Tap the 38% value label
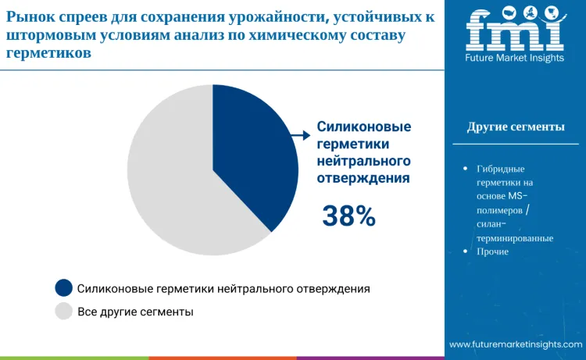pyautogui.click(x=348, y=216)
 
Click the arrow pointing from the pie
pyautogui.click(x=300, y=135)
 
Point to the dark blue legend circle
pyautogui.click(x=63, y=288)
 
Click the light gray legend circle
pyautogui.click(x=63, y=312)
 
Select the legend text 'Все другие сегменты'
pyautogui.click(x=135, y=312)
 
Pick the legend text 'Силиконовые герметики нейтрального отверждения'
pyautogui.click(x=223, y=288)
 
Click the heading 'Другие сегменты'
pyautogui.click(x=516, y=127)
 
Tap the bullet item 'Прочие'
pyautogui.click(x=492, y=251)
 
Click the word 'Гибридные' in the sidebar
pyautogui.click(x=500, y=169)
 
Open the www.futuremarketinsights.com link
pyautogui.click(x=516, y=344)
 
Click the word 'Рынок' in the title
pyautogui.click(x=29, y=16)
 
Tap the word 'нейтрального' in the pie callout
pyautogui.click(x=363, y=161)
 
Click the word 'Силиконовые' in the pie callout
pyautogui.click(x=363, y=127)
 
